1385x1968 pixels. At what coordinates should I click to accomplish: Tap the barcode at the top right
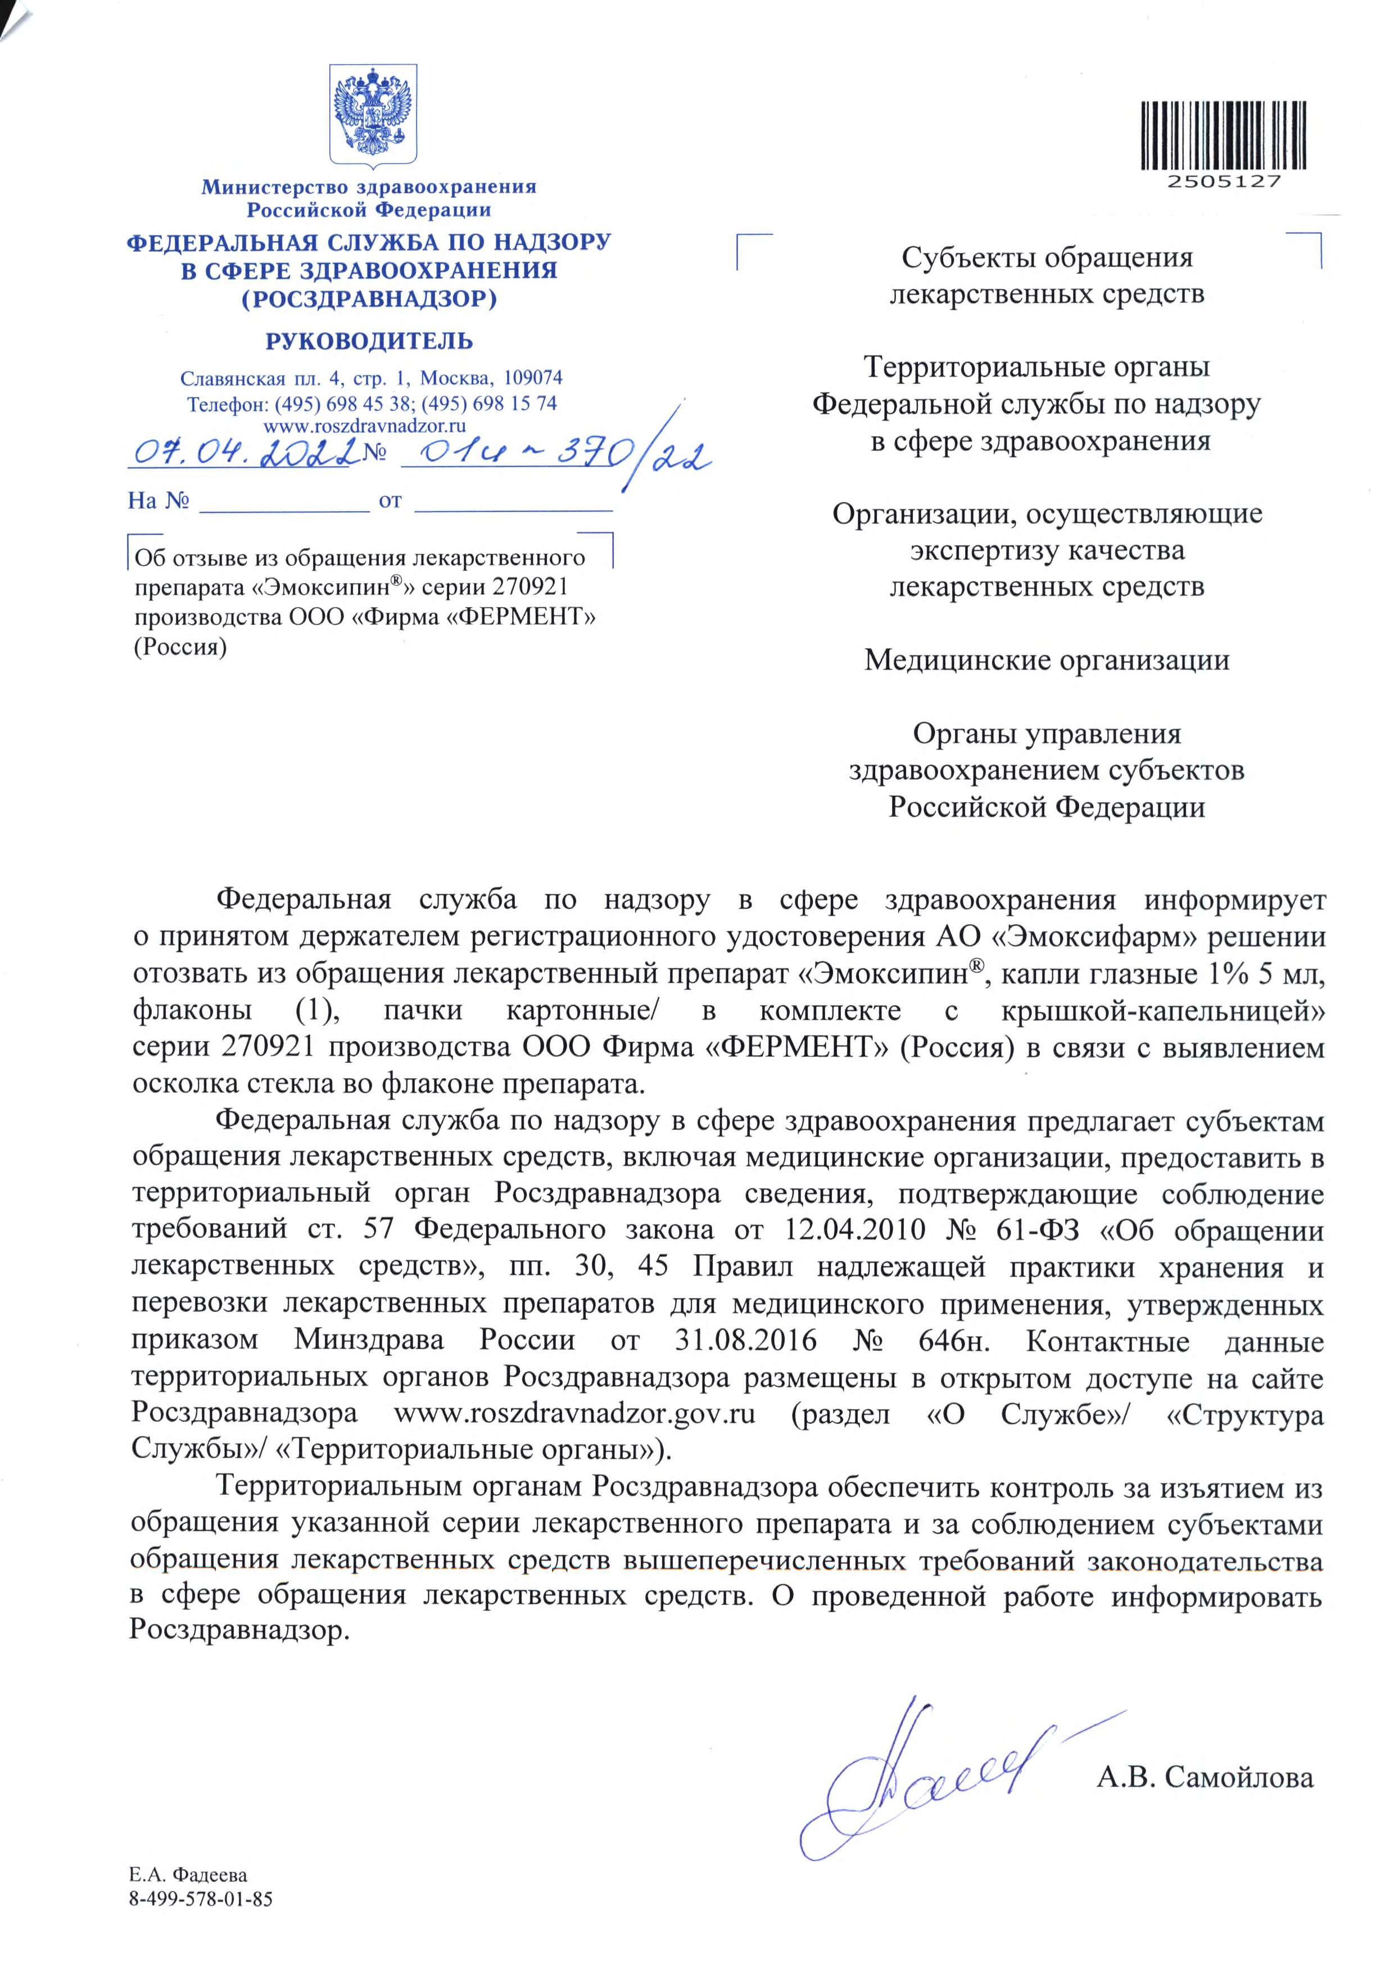point(1223,135)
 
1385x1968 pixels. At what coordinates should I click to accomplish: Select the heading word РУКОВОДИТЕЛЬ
point(369,341)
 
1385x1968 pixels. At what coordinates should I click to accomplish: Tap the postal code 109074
point(532,378)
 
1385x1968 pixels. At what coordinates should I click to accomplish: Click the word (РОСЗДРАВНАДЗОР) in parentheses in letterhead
point(369,299)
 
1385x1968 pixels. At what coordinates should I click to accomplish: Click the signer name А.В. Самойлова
point(1204,1777)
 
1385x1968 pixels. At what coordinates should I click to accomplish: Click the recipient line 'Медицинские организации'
point(1047,660)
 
